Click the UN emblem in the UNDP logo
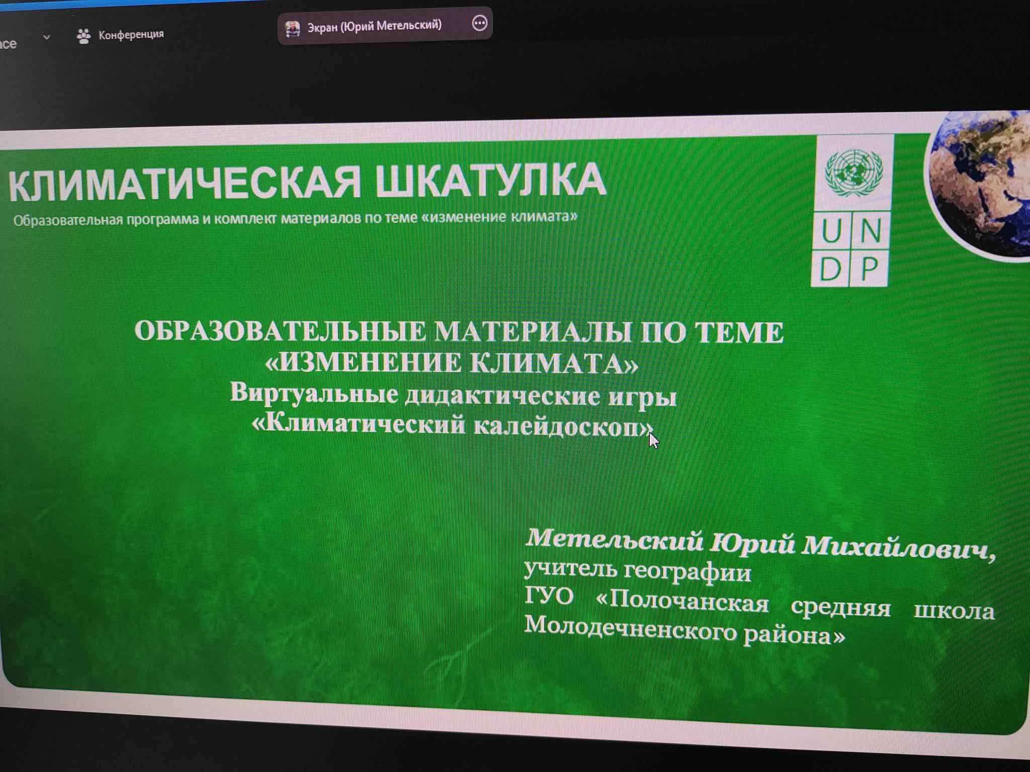[x=854, y=173]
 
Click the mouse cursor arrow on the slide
[x=653, y=440]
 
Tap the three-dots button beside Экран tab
[x=480, y=23]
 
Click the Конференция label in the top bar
[x=131, y=35]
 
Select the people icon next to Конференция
[x=83, y=36]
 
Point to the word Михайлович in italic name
[x=898, y=548]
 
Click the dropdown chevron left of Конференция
[x=46, y=37]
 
